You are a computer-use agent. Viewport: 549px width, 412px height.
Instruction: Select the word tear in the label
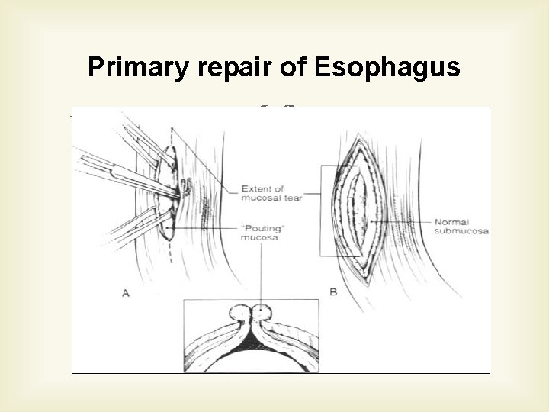292,197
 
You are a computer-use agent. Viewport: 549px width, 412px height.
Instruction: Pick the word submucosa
462,230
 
